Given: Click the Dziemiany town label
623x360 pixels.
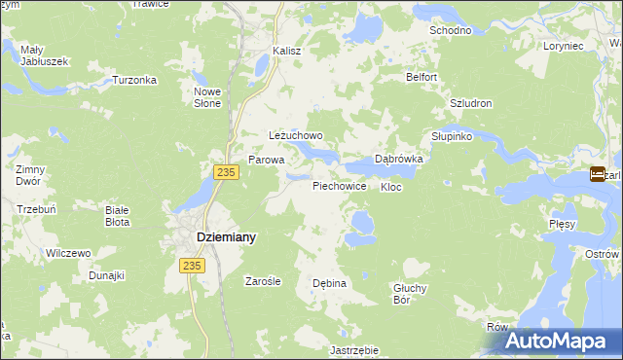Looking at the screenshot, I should [x=213, y=236].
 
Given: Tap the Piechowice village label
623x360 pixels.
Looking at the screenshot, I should [x=340, y=185].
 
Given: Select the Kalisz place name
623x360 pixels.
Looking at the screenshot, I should [x=287, y=50].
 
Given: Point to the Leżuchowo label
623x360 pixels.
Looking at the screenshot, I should [x=296, y=136].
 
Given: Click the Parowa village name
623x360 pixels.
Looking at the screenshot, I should [x=266, y=159].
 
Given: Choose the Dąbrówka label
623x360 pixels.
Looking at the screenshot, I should [x=398, y=159].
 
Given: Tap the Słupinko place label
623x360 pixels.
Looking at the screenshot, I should [x=452, y=136].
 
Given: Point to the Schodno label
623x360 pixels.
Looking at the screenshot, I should [x=451, y=30].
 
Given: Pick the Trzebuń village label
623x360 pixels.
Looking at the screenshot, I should [x=36, y=208].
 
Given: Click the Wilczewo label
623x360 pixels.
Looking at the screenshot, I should [x=68, y=253].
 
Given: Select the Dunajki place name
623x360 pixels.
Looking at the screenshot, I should [x=106, y=275].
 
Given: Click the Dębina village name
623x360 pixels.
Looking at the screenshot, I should [x=330, y=283].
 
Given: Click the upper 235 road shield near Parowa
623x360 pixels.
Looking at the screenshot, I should [x=226, y=172].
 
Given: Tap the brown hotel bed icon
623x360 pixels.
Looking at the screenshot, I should [x=597, y=175].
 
